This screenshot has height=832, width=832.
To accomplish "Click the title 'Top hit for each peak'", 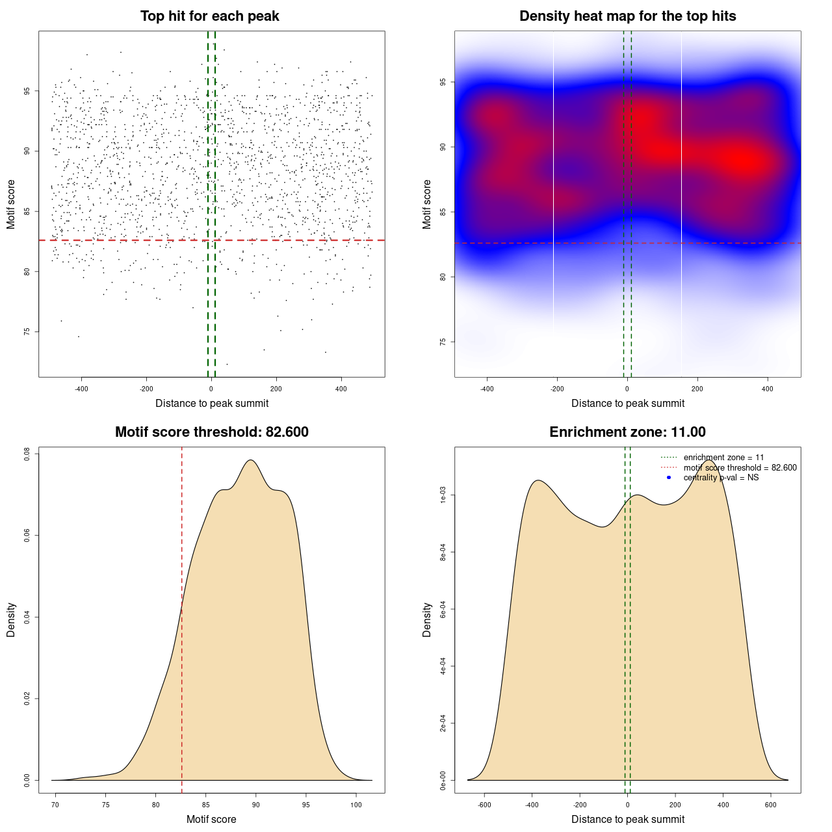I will pos(209,16).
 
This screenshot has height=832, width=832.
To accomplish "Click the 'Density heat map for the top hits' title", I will pos(627,16).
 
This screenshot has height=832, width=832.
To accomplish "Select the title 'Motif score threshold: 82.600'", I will pos(211,432).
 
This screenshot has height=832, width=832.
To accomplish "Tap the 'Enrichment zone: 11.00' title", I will pos(627,432).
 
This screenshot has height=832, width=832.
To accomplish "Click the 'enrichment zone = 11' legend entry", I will pos(723,458).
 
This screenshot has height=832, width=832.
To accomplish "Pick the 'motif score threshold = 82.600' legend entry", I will pos(740,468).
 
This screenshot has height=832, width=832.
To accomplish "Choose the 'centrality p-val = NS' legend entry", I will pos(721,478).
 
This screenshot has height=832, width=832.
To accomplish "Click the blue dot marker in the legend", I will pos(669,478).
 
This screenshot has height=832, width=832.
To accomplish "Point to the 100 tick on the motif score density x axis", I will pos(356,805).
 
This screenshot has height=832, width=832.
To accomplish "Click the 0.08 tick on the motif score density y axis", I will pos(27,454).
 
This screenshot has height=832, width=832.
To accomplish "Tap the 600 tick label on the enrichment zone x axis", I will pos(771,805).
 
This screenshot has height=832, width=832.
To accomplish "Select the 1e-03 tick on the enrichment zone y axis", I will pos(443,495).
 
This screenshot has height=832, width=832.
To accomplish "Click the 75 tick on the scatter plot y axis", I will pos(27,331).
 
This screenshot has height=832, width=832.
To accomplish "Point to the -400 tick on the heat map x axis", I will pos(487,389).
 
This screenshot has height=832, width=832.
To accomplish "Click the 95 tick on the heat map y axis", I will pos(443,82).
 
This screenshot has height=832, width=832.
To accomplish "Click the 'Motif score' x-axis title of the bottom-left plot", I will pos(211,819).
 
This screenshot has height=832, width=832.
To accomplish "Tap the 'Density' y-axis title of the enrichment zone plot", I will pos(427,619).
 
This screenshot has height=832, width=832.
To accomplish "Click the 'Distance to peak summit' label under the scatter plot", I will pos(212,403).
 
